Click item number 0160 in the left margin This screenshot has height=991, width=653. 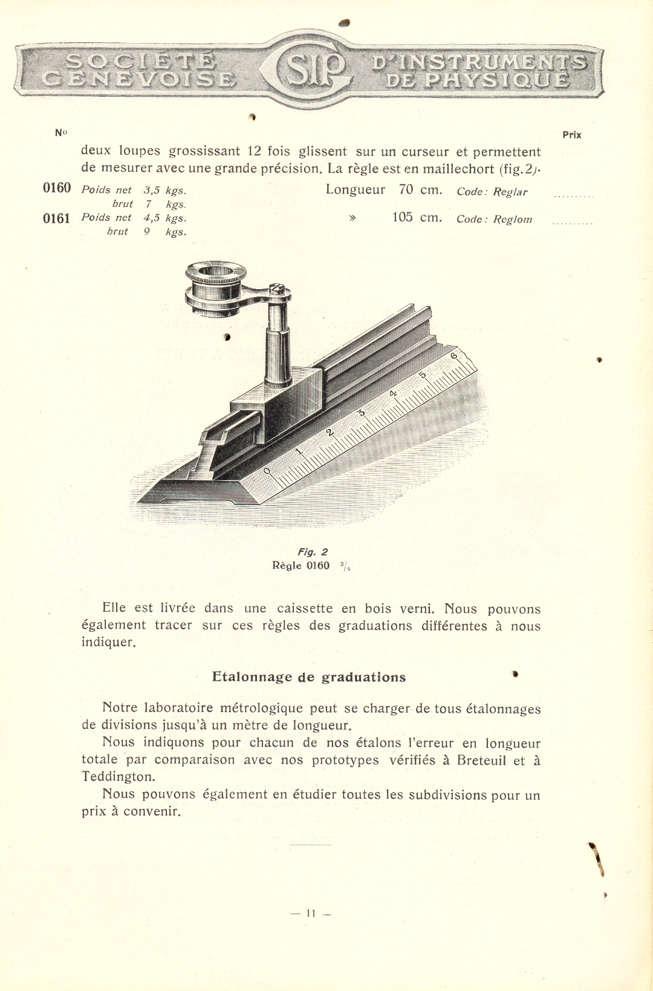(57, 188)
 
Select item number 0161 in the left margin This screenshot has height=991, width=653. (56, 218)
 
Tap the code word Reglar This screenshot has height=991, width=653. (510, 192)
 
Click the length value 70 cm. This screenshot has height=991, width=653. (420, 189)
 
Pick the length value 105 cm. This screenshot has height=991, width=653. (417, 217)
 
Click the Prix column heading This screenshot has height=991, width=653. (571, 135)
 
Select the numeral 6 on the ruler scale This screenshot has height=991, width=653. (455, 356)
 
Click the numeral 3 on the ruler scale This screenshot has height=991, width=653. (362, 413)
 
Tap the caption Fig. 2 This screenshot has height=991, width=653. (312, 552)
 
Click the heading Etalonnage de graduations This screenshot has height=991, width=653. (309, 677)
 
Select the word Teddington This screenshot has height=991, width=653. (118, 776)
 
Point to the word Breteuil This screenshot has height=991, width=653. (481, 760)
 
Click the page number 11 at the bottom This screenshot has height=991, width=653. (311, 913)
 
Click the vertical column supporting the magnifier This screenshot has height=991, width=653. (279, 348)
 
